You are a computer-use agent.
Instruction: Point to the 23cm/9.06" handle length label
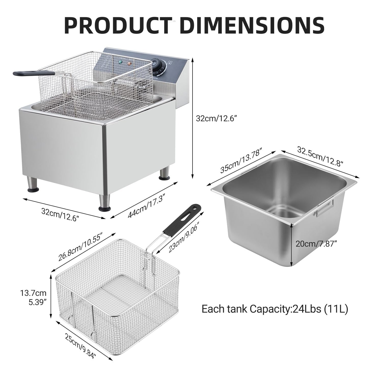pyautogui.click(x=184, y=237)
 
